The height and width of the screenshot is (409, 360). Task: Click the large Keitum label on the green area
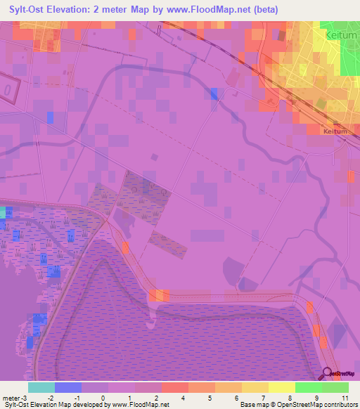(x=341, y=34)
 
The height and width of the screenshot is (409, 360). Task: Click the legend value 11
(x=345, y=398)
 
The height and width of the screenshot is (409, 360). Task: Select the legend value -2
(x=51, y=398)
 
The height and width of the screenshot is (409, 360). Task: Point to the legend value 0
(x=103, y=398)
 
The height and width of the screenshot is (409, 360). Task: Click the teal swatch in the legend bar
(x=41, y=387)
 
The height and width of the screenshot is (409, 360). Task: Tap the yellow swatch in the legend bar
(x=281, y=387)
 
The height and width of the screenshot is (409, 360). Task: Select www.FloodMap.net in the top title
(x=210, y=10)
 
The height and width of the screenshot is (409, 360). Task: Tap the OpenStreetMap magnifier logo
(x=328, y=375)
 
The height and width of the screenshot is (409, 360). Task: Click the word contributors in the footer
(x=340, y=405)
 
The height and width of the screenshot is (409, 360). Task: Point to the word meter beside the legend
(x=12, y=398)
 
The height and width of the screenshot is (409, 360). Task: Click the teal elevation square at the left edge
(x=2, y=212)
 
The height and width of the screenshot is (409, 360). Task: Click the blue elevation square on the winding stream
(x=214, y=94)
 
